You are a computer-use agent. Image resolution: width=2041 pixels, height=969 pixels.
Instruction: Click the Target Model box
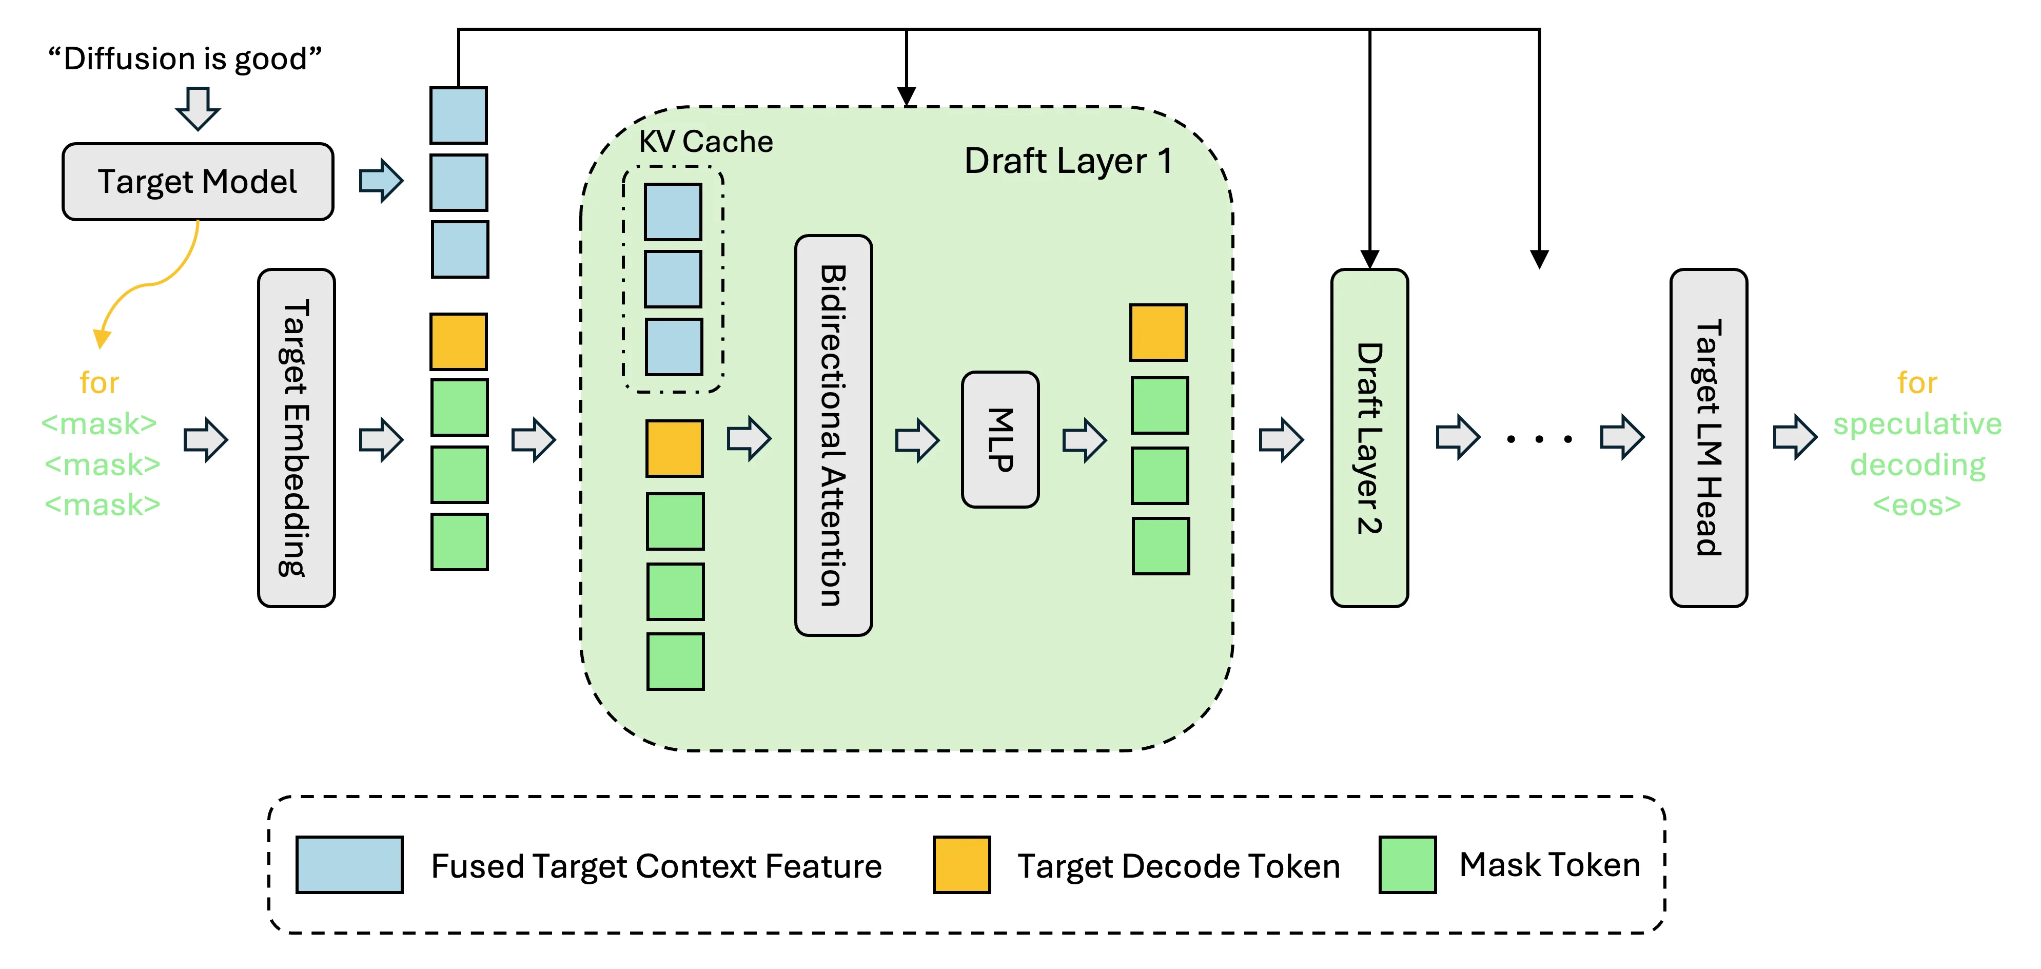pos(198,182)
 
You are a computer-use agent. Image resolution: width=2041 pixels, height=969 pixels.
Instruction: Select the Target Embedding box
pos(297,438)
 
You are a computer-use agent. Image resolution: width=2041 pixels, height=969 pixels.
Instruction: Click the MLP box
pos(1000,440)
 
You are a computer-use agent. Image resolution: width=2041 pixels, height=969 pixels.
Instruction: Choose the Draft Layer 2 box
pos(1369,438)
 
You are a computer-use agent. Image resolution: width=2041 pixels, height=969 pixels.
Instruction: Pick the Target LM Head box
pos(1708,438)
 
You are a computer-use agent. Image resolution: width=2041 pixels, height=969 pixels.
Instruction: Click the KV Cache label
pos(705,142)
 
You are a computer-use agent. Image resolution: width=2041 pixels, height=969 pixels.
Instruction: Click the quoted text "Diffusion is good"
pos(185,59)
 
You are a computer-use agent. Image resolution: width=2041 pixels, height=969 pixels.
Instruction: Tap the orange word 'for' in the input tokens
pos(99,383)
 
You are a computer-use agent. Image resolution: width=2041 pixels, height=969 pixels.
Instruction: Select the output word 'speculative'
pos(1917,424)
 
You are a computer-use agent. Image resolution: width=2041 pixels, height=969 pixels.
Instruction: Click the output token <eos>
pos(1917,505)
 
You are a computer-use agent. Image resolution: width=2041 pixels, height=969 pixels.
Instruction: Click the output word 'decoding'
pos(1917,464)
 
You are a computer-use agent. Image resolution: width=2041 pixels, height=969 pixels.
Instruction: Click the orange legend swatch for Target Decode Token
pos(961,864)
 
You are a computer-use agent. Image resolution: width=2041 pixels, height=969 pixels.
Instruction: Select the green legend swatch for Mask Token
pos(1407,864)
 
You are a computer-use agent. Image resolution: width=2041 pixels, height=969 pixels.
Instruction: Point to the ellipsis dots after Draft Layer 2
pos(1539,438)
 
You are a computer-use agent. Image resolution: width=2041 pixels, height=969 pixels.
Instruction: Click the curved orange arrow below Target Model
pos(154,281)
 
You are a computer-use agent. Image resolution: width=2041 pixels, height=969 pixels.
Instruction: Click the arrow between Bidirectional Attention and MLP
pos(917,440)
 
